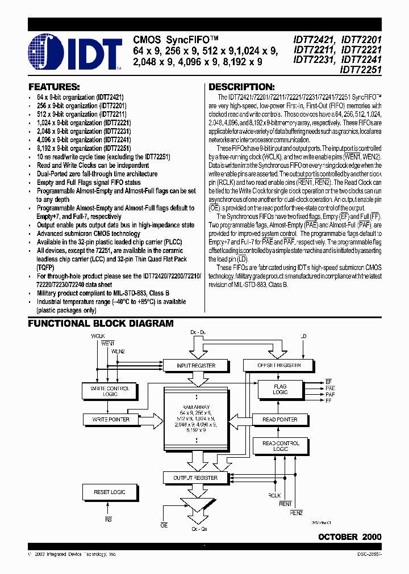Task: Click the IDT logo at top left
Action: click(x=74, y=52)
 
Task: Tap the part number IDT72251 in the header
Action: click(x=361, y=70)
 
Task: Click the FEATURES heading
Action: click(x=54, y=87)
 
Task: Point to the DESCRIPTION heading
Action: click(x=241, y=87)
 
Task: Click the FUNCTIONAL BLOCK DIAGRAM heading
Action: click(x=101, y=323)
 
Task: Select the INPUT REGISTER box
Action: click(x=196, y=366)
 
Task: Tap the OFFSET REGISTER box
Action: click(x=280, y=366)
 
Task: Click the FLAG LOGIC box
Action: click(x=280, y=390)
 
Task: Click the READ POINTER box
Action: click(x=280, y=420)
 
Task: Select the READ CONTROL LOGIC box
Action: click(x=280, y=446)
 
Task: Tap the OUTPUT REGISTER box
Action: click(x=195, y=478)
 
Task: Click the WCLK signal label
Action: click(x=99, y=336)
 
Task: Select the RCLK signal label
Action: click(x=274, y=495)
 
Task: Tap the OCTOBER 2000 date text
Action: click(x=349, y=537)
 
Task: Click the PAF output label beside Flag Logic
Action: click(x=330, y=393)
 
